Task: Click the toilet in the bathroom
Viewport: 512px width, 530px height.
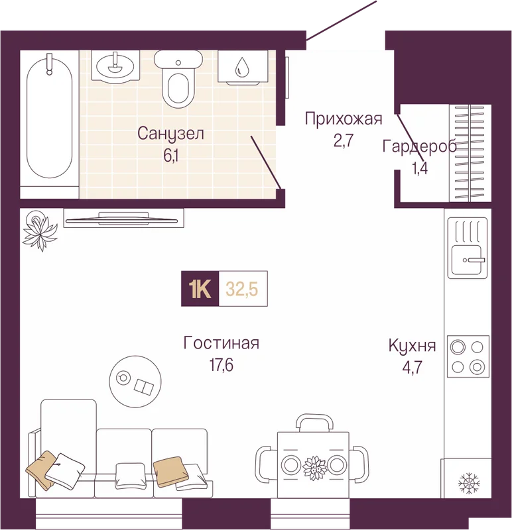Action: point(178,78)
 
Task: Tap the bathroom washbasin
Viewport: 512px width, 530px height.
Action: point(115,67)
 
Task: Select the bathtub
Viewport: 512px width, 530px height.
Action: point(49,117)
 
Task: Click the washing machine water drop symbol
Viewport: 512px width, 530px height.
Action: point(242,66)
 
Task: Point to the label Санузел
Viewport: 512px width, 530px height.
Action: point(170,134)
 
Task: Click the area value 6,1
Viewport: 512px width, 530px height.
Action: point(171,156)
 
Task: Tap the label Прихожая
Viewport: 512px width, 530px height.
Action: point(343,119)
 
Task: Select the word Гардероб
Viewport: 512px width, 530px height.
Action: point(419,147)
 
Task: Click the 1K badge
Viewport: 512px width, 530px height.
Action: point(200,289)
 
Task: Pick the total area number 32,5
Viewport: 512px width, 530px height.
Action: point(242,290)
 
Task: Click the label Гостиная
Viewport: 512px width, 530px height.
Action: point(222,343)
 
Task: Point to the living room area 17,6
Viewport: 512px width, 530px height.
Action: point(222,365)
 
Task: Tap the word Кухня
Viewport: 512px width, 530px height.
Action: point(412,346)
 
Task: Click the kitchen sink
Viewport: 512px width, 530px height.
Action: point(468,248)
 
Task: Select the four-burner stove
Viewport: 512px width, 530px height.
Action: point(468,356)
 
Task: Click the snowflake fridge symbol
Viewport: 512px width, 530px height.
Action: point(469,484)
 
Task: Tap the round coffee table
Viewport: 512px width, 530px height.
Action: point(135,382)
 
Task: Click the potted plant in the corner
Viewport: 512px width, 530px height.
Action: point(40,230)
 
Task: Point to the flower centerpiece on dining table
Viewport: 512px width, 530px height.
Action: point(314,468)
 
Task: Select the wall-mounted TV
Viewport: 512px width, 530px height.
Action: point(121,220)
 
